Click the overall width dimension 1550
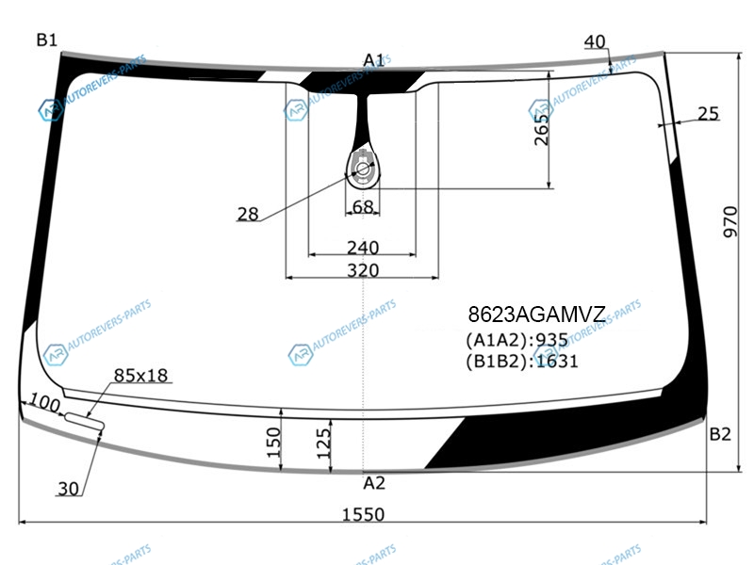363,514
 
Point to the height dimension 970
729,221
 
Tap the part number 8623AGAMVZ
536,315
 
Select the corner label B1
46,40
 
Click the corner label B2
720,434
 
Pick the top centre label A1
373,60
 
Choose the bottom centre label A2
374,483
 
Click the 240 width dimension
363,248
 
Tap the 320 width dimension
363,270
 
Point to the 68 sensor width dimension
363,207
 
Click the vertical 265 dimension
541,130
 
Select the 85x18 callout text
140,375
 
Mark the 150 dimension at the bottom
273,442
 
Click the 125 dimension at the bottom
323,443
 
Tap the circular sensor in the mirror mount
363,169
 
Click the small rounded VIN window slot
85,421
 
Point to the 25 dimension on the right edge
708,113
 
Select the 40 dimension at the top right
595,41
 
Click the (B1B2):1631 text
522,361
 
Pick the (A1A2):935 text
516,340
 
